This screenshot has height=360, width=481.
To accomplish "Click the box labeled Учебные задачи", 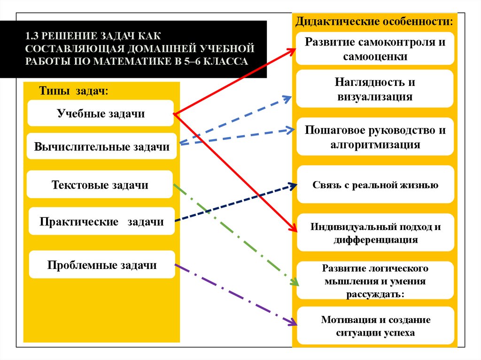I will pos(101,113).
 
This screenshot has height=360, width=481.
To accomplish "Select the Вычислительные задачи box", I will pos(101,146).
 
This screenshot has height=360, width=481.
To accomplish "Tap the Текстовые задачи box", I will pos(100,184).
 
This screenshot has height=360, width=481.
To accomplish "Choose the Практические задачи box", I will pos(101,221).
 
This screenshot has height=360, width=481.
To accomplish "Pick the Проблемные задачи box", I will pos(101,265).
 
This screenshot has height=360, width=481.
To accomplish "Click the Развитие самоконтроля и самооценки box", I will pos(375,48).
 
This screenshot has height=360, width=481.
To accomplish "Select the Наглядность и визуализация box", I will pos(375,89).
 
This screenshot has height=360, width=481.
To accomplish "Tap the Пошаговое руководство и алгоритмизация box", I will pos(375,137).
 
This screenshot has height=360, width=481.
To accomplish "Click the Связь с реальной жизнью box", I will pos(375,184).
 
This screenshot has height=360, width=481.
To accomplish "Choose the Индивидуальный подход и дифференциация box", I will pos(375,233).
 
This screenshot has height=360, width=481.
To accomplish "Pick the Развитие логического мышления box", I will pos(375,281).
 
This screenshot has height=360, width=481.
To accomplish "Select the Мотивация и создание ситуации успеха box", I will pos(375,326).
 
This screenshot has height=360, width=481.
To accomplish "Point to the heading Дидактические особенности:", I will pos(374,22).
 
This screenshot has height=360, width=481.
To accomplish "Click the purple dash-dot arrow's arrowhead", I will pos(294,323).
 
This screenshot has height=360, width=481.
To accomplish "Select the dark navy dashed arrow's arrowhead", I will pos(293,185).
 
